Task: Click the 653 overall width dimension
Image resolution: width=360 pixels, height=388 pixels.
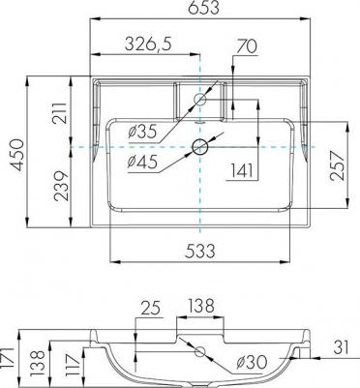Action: pos(204,8)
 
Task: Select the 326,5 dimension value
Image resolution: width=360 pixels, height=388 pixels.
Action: pos(149,45)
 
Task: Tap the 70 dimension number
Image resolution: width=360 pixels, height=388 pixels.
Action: pos(247,46)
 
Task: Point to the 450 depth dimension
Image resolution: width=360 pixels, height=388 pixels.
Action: pos(17,155)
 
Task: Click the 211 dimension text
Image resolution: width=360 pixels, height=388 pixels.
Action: pos(60,113)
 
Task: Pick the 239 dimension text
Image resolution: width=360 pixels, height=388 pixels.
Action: pos(61,186)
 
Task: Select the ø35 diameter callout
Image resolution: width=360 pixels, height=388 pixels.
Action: pos(142,132)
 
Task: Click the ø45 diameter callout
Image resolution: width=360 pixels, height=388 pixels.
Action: pos(142,162)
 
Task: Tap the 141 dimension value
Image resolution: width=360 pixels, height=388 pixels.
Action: pos(242,170)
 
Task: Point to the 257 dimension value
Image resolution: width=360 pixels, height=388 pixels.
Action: pos(338,165)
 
